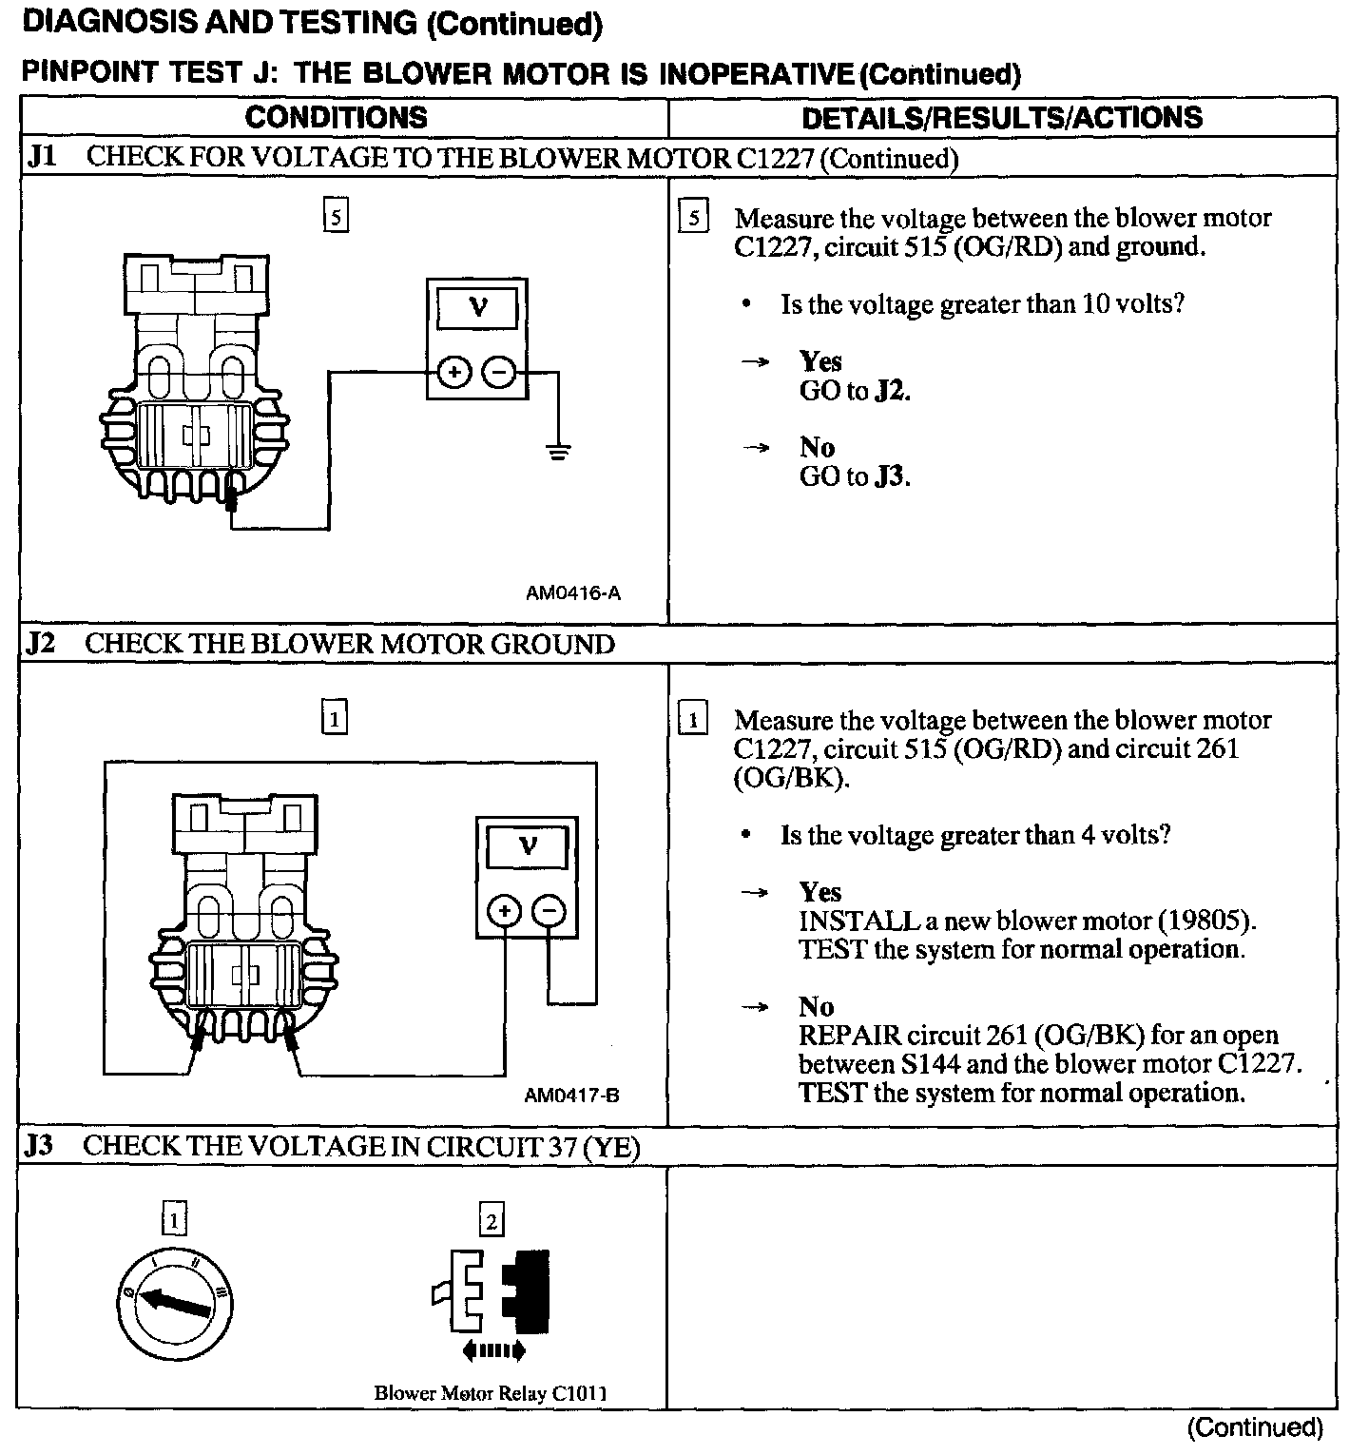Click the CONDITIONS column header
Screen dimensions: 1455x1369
click(x=336, y=118)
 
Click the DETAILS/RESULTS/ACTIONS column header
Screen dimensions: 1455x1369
click(x=1002, y=118)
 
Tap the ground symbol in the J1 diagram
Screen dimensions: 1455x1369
click(x=559, y=452)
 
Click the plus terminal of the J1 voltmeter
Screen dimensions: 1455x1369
click(x=454, y=373)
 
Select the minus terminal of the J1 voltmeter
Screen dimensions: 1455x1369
click(x=499, y=373)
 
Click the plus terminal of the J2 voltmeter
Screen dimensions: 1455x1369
click(x=504, y=912)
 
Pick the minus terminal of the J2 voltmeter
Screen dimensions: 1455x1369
click(x=549, y=912)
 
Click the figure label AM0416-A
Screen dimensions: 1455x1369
click(x=572, y=593)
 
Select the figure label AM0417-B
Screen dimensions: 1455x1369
click(x=571, y=1096)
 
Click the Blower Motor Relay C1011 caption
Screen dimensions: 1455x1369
click(x=491, y=1394)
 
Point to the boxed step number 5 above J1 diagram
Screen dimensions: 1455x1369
click(x=335, y=217)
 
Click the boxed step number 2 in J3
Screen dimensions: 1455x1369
click(x=491, y=1220)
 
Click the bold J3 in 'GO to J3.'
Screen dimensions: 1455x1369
click(x=889, y=476)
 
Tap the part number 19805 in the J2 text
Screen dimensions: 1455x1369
click(x=1206, y=921)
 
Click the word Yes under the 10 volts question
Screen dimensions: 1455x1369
click(x=820, y=361)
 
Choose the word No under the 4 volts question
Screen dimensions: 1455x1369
click(x=816, y=1007)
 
